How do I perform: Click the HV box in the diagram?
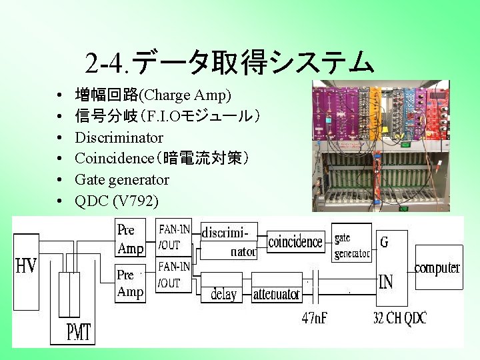[27, 267]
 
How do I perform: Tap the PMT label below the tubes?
[79, 331]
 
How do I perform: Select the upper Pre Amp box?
[130, 239]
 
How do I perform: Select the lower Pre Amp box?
[130, 283]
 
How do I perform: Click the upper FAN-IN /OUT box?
[173, 237]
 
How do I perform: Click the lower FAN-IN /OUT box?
[173, 275]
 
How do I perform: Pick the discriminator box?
[229, 241]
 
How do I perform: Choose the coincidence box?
[295, 242]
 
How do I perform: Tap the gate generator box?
[351, 245]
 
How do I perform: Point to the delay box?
[223, 294]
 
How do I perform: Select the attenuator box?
[276, 294]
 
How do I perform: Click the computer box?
[437, 267]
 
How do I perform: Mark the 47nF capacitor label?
[315, 317]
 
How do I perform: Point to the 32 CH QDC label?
[400, 317]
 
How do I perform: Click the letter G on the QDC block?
[384, 242]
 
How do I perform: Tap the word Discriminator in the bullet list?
[119, 138]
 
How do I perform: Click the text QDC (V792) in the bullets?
[117, 200]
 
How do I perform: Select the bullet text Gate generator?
[122, 179]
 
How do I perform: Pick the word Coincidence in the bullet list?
[114, 159]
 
